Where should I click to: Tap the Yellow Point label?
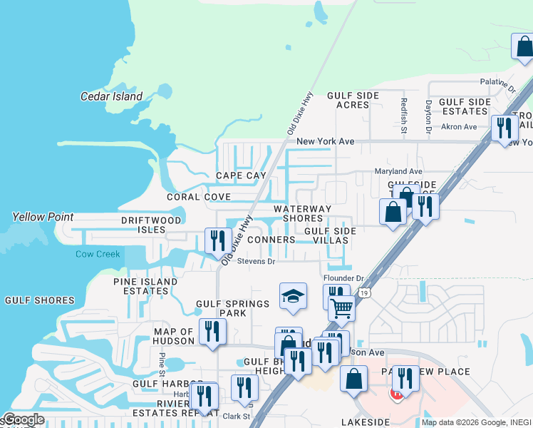(38, 217)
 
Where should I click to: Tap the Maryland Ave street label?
(399, 172)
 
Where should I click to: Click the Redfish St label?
(403, 116)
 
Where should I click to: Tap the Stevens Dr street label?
(256, 262)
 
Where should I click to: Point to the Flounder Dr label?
(343, 278)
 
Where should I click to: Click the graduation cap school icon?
(293, 296)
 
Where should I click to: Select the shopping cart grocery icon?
(341, 308)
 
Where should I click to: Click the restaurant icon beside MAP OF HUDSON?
(212, 332)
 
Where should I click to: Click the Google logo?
(23, 419)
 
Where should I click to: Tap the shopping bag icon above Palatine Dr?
(524, 47)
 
